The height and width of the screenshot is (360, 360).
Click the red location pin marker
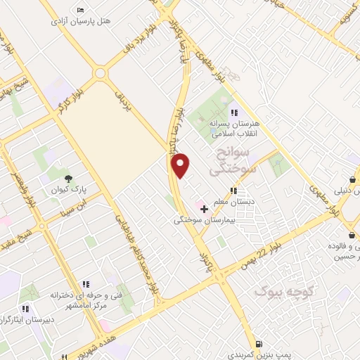point(181,165)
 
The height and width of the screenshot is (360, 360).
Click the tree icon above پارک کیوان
point(68,179)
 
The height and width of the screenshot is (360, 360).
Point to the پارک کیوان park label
point(68,190)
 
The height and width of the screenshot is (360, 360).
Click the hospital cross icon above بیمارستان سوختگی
point(204,209)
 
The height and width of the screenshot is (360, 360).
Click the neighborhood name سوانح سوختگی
point(234,162)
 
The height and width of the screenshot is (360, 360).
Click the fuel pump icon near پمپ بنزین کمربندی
point(260,344)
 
